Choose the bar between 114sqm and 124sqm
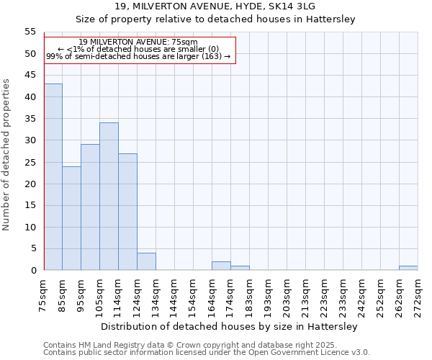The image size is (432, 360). click(x=127, y=212)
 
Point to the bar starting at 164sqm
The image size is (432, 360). click(x=221, y=266)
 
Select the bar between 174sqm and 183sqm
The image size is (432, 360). click(x=240, y=269)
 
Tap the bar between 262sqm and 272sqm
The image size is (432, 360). click(x=408, y=269)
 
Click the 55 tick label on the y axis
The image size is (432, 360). click(x=30, y=32)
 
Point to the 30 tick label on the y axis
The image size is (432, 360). click(x=30, y=140)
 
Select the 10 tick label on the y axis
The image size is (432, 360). click(x=30, y=228)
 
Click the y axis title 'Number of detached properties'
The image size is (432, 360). click(x=7, y=155)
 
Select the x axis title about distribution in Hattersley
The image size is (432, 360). click(x=229, y=326)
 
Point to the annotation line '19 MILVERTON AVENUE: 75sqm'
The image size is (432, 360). click(x=138, y=42)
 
